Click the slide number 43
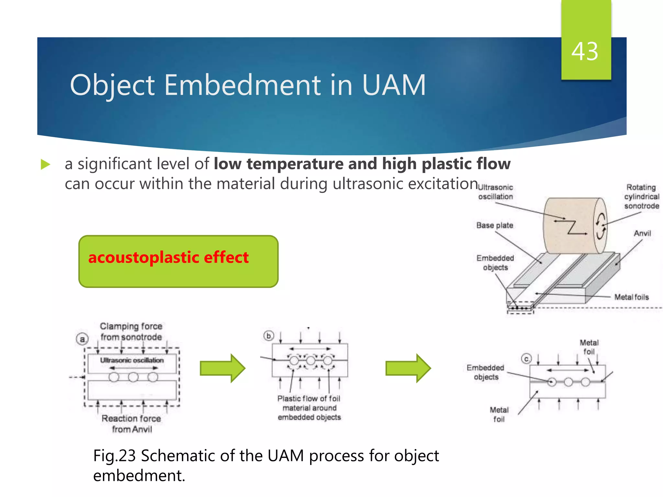(x=585, y=52)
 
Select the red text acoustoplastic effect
(x=168, y=258)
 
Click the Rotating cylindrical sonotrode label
(x=641, y=196)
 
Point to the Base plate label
(x=495, y=225)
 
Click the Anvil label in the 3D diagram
(x=642, y=233)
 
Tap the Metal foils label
(x=632, y=297)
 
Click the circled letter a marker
(x=82, y=339)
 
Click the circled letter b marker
(x=269, y=336)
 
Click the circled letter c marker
(x=526, y=359)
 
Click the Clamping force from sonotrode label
(x=131, y=331)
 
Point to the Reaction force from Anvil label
(x=131, y=424)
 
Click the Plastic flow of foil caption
(x=309, y=408)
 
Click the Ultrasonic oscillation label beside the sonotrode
(x=496, y=192)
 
